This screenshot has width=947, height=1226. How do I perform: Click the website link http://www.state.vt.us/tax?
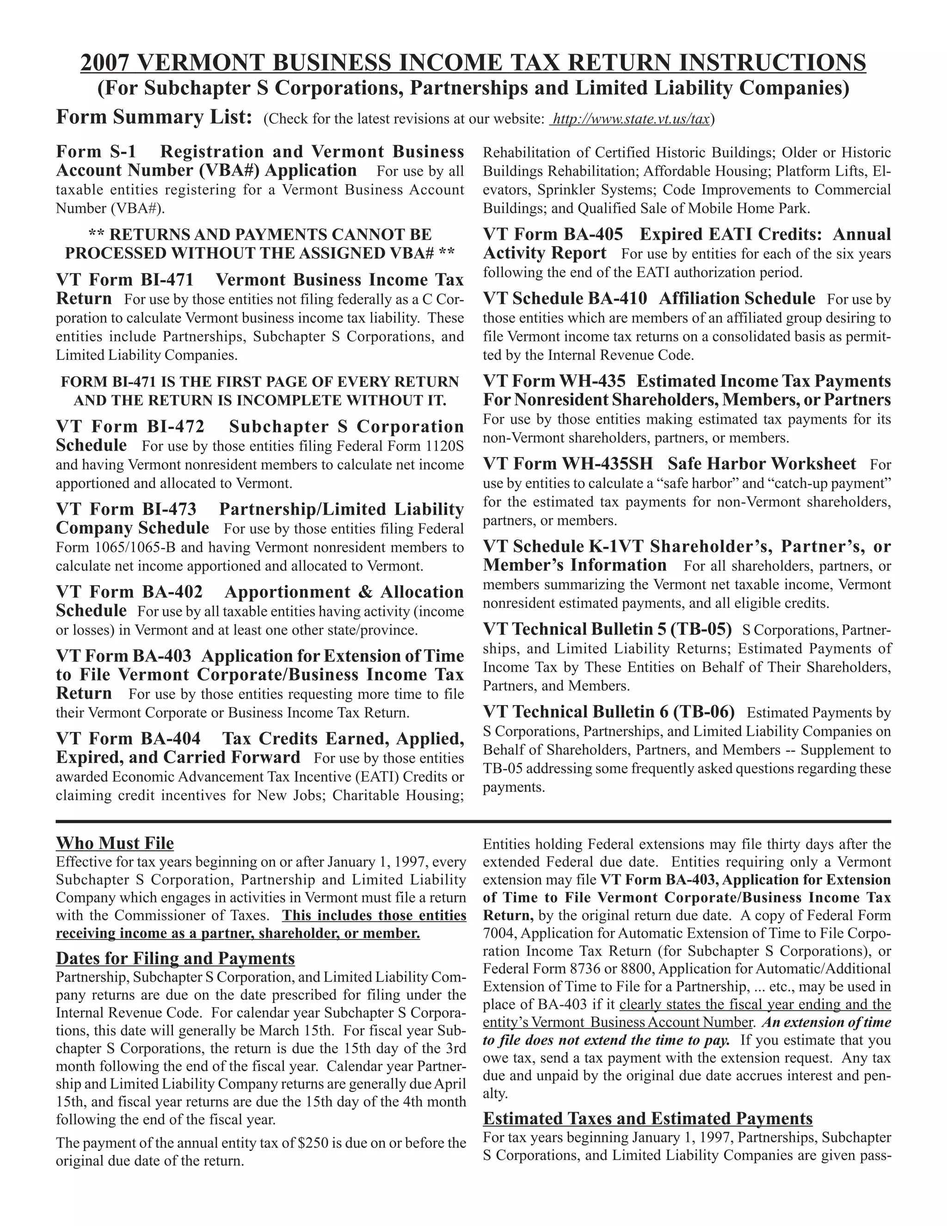[631, 119]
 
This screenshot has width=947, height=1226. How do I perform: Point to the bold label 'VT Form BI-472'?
[130, 427]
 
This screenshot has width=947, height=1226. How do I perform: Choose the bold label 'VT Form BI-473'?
[126, 509]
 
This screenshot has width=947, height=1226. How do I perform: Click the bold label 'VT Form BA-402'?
[129, 592]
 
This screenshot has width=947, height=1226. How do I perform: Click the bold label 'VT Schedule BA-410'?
[565, 298]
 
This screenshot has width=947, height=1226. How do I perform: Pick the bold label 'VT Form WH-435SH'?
[568, 464]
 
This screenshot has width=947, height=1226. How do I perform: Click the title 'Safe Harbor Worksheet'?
[762, 464]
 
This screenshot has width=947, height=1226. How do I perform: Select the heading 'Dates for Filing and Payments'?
[175, 958]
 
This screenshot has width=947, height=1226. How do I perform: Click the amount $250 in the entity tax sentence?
[310, 1143]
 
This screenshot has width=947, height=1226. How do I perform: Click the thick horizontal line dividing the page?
[473, 821]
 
